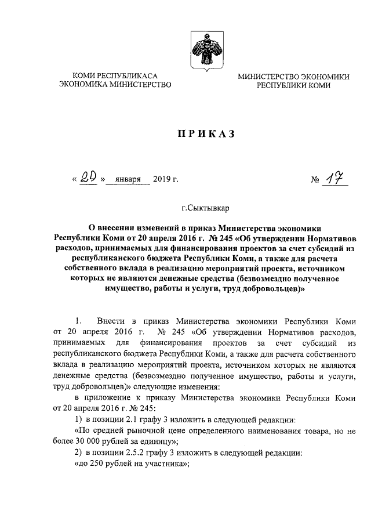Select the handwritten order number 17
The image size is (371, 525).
pyautogui.click(x=336, y=179)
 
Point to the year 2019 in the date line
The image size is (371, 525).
pyautogui.click(x=165, y=180)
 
